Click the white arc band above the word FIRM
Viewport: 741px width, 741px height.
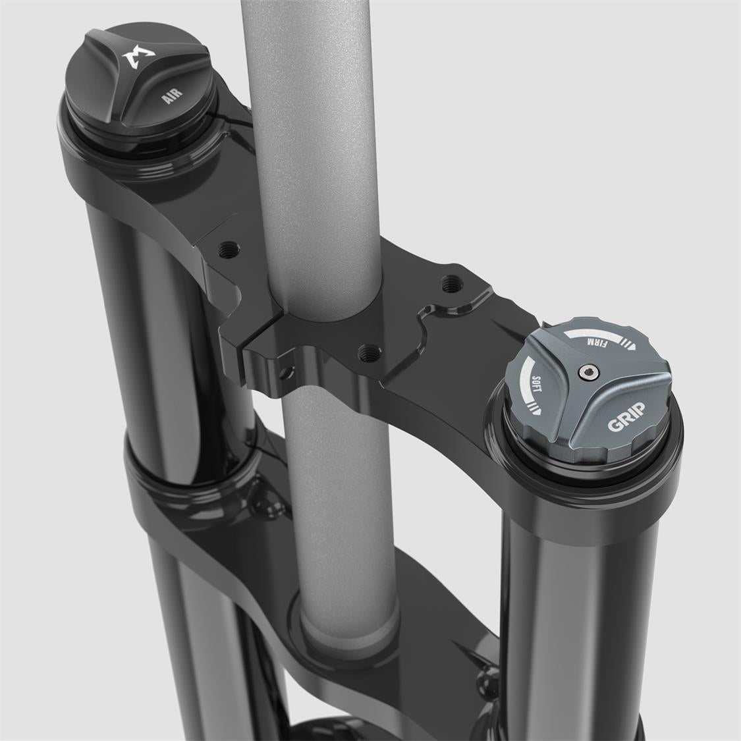point(595,331)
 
